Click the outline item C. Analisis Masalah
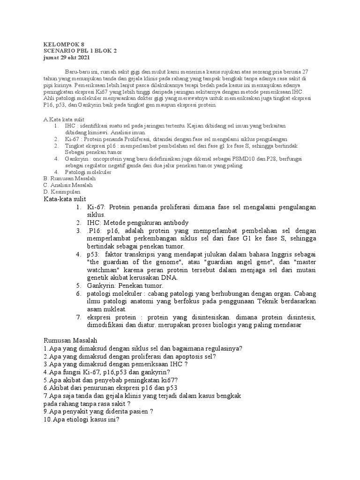[x=68, y=185]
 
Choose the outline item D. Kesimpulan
[x=61, y=192]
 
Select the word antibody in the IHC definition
[x=171, y=223]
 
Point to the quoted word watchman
[x=105, y=270]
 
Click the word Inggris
[x=281, y=254]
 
